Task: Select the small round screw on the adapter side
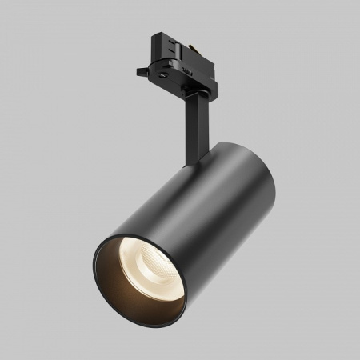coord(164,70)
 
